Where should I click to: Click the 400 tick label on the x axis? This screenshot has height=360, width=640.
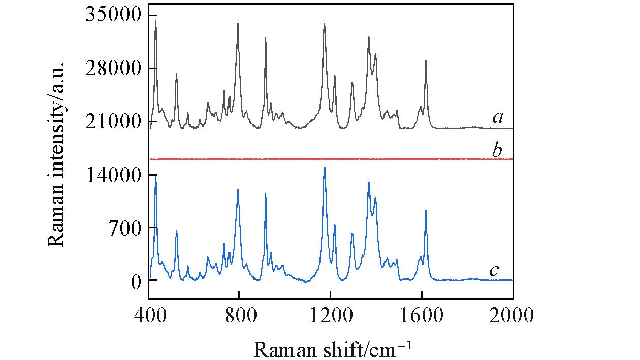[149, 316]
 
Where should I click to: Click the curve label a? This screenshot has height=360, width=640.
[497, 118]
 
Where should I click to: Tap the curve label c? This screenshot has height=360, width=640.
[494, 271]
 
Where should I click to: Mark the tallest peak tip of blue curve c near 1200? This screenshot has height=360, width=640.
[325, 167]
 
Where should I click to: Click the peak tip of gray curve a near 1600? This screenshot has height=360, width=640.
[426, 61]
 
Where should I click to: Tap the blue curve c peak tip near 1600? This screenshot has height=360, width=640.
[426, 210]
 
